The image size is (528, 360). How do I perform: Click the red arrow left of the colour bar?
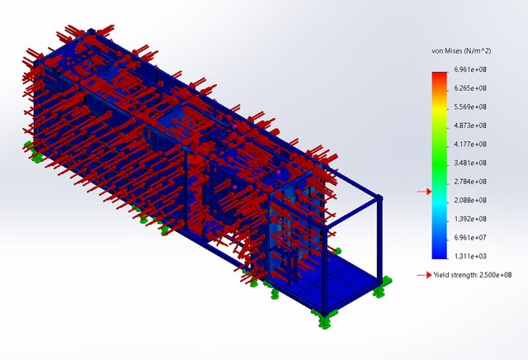[x=423, y=192]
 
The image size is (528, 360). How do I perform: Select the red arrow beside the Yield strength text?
[x=423, y=275]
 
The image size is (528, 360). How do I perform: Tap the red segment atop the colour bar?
[x=440, y=77]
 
